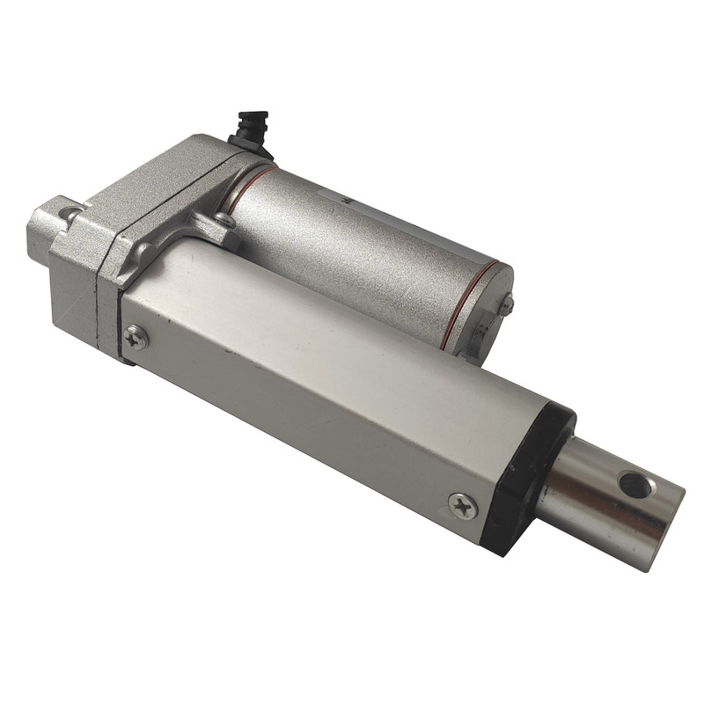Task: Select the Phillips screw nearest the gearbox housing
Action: (x=136, y=336)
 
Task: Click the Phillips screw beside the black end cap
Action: (x=463, y=505)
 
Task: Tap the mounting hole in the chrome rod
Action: (x=635, y=484)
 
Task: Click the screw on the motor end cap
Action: (x=507, y=304)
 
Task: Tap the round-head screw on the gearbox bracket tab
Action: (x=225, y=221)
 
